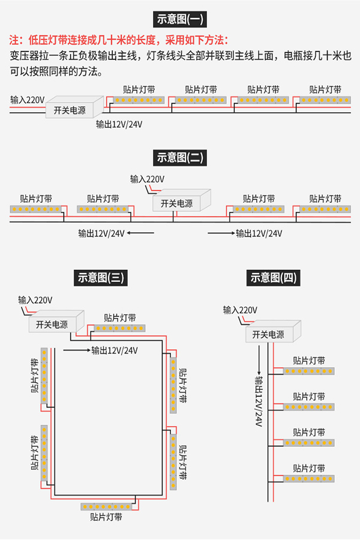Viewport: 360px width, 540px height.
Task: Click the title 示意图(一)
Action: tap(179, 19)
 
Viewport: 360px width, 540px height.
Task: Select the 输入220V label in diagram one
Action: tap(28, 99)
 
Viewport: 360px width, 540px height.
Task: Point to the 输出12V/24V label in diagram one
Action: tap(119, 124)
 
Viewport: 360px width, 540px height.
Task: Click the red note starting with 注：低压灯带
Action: tap(119, 41)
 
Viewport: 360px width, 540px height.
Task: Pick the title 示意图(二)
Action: tap(180, 158)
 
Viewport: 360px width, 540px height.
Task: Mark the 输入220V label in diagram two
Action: tap(148, 179)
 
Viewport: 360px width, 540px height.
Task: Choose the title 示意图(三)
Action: tap(101, 277)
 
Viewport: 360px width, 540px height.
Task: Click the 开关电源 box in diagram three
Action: tap(54, 324)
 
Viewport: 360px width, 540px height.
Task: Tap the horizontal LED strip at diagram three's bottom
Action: tap(106, 506)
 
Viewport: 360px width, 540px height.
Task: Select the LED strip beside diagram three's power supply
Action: tap(119, 328)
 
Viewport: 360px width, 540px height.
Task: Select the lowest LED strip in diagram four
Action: tap(308, 479)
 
